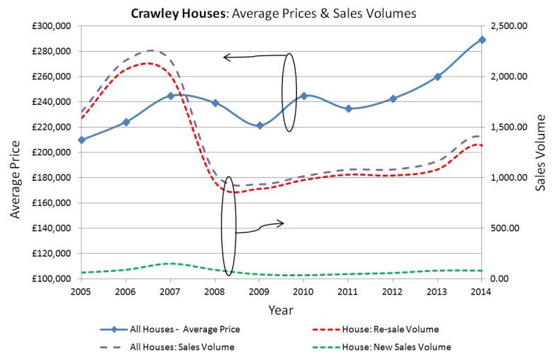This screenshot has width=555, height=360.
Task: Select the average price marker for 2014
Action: click(x=482, y=40)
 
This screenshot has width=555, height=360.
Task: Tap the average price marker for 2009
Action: click(x=259, y=125)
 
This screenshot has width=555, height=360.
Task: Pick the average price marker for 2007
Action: click(x=171, y=96)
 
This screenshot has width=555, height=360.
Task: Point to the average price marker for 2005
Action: click(x=82, y=140)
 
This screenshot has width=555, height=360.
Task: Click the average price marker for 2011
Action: click(x=348, y=108)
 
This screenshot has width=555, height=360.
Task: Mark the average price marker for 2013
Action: click(x=437, y=77)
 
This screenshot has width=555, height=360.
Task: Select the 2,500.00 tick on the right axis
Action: click(x=509, y=26)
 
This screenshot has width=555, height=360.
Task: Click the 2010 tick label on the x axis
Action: click(x=303, y=291)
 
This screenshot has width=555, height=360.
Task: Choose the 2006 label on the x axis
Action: click(x=125, y=291)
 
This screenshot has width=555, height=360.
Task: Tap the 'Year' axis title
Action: click(x=281, y=310)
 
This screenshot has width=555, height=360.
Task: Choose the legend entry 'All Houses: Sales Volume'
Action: click(x=183, y=347)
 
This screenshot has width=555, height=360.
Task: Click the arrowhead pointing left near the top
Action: click(x=226, y=57)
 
